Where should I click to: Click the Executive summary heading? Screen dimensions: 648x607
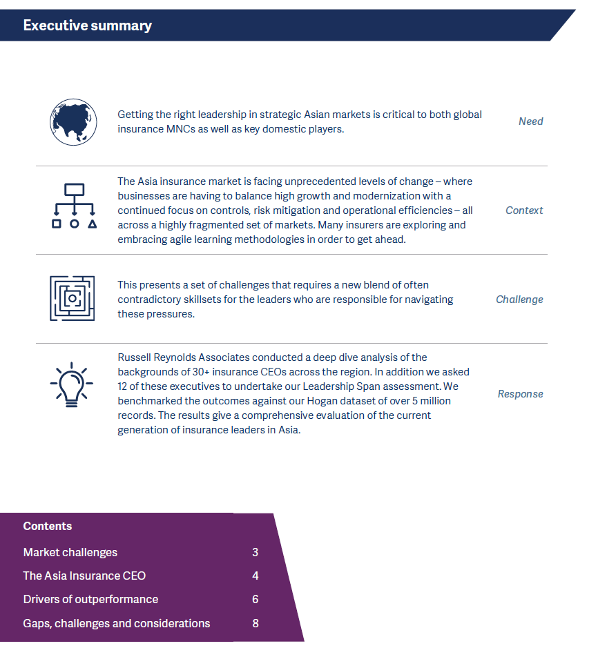[87, 26]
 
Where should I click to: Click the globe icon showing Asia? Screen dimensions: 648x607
[73, 121]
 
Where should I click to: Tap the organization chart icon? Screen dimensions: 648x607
[73, 206]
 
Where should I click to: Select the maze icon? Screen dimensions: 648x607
[73, 298]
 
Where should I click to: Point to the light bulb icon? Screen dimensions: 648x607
[73, 384]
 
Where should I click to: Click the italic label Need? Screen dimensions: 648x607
[530, 121]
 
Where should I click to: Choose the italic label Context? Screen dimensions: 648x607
[524, 210]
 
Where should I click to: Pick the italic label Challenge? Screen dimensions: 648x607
[519, 300]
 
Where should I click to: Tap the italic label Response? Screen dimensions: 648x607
[520, 394]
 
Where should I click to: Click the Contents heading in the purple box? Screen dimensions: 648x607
[48, 526]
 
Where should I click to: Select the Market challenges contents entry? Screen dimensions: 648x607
[70, 552]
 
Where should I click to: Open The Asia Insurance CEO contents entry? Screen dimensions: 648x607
[84, 576]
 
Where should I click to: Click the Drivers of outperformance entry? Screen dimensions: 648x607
[90, 599]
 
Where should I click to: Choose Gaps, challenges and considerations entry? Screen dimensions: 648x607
[116, 623]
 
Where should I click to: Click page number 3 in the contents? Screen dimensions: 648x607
[256, 552]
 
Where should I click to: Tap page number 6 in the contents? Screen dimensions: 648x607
[256, 599]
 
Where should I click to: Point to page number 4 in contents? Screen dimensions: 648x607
[256, 576]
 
